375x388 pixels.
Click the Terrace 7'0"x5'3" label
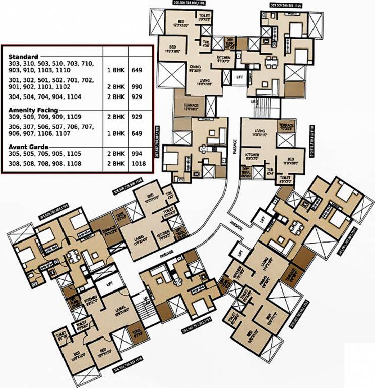[287, 126]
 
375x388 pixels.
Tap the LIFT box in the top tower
[240, 77]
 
